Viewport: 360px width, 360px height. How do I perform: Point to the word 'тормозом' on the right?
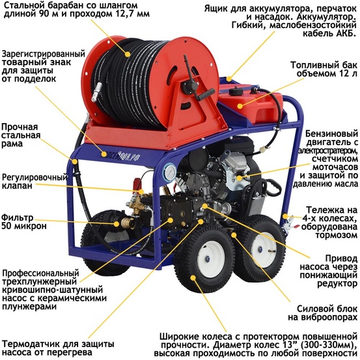(335, 234)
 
